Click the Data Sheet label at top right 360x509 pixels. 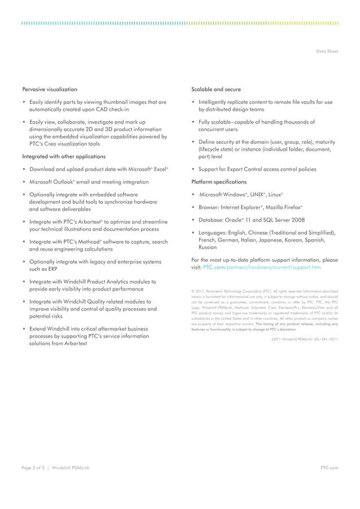[x=328, y=51]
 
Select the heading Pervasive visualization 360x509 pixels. [x=50, y=89]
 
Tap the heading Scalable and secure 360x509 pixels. [x=216, y=89]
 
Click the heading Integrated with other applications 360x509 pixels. [x=63, y=156]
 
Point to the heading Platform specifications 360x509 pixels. [x=219, y=182]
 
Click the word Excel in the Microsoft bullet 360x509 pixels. [x=159, y=169]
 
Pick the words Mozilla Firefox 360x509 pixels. [x=284, y=208]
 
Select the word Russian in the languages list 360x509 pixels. [x=208, y=247]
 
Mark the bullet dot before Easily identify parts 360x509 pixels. [x=24, y=102]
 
